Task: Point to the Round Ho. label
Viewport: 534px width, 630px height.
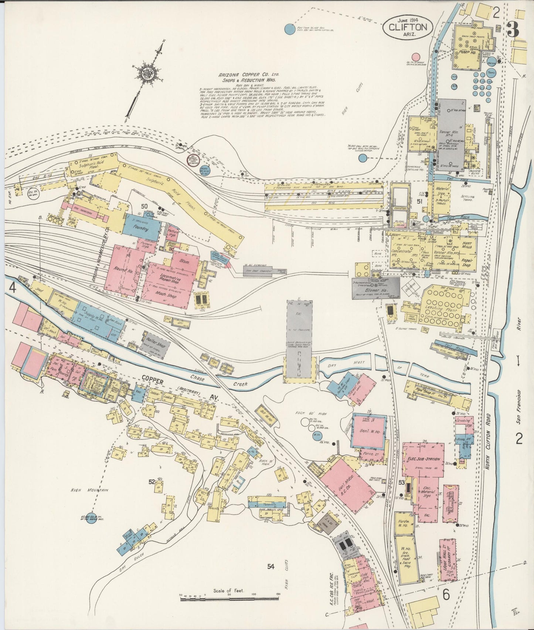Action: [x=120, y=269]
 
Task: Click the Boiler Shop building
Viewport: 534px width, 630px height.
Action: [x=155, y=344]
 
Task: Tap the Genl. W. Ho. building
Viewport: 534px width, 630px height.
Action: [x=369, y=431]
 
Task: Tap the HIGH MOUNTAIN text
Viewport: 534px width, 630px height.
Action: [x=90, y=490]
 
